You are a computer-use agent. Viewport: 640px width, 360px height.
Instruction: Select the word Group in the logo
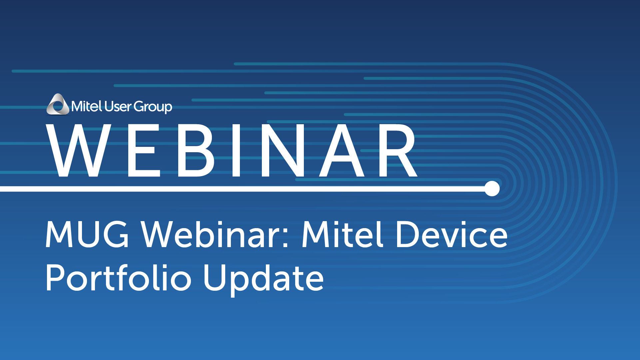tap(153, 107)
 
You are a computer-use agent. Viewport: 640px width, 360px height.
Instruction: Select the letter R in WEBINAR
tap(398, 151)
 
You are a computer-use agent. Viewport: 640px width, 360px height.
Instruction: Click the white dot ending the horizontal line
tap(492, 189)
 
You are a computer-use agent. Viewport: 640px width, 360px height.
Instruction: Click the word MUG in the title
tap(87, 235)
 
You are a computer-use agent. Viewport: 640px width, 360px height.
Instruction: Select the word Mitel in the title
tap(342, 234)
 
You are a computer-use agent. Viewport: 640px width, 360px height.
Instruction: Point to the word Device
tap(452, 234)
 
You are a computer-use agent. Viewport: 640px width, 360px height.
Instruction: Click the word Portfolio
tap(119, 277)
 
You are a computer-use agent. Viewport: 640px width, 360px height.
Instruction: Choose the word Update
tap(264, 279)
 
